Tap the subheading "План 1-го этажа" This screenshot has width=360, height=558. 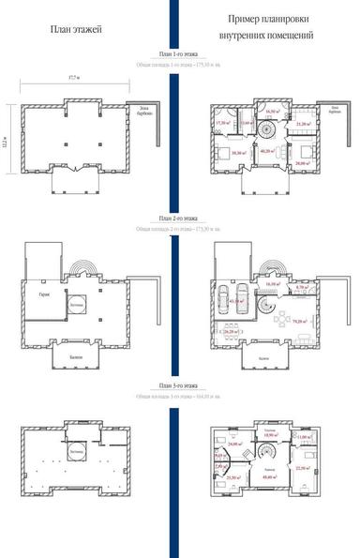(x=178, y=55)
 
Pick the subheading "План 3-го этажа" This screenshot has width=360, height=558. (x=178, y=385)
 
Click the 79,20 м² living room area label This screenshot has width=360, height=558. (x=303, y=321)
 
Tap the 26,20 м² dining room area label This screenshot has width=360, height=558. (x=229, y=331)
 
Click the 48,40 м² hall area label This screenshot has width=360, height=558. (x=268, y=478)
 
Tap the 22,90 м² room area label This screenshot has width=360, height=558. (x=302, y=468)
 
